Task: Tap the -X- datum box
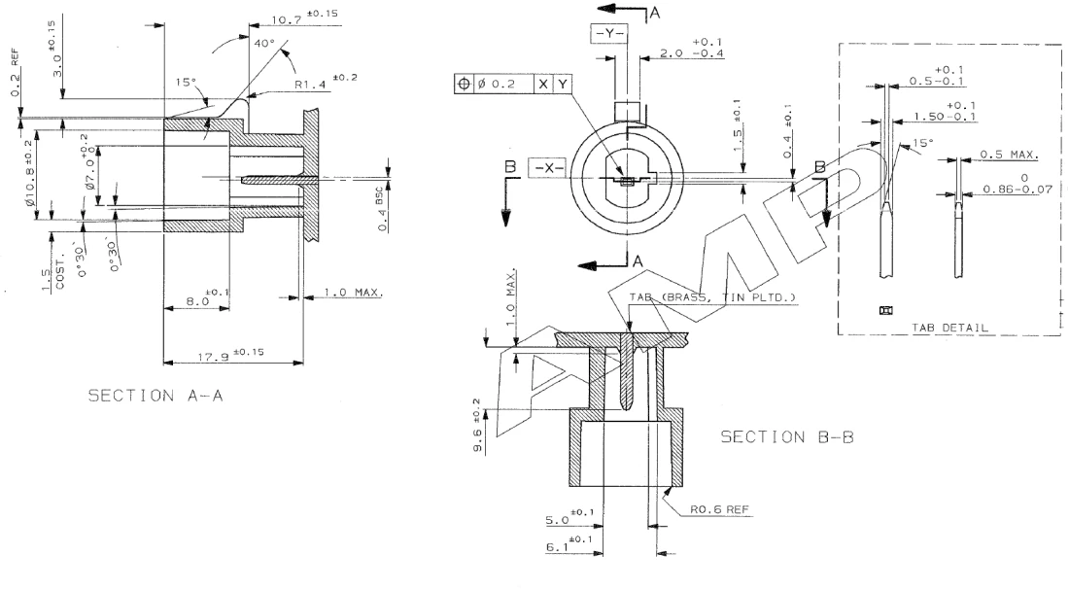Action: point(546,166)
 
